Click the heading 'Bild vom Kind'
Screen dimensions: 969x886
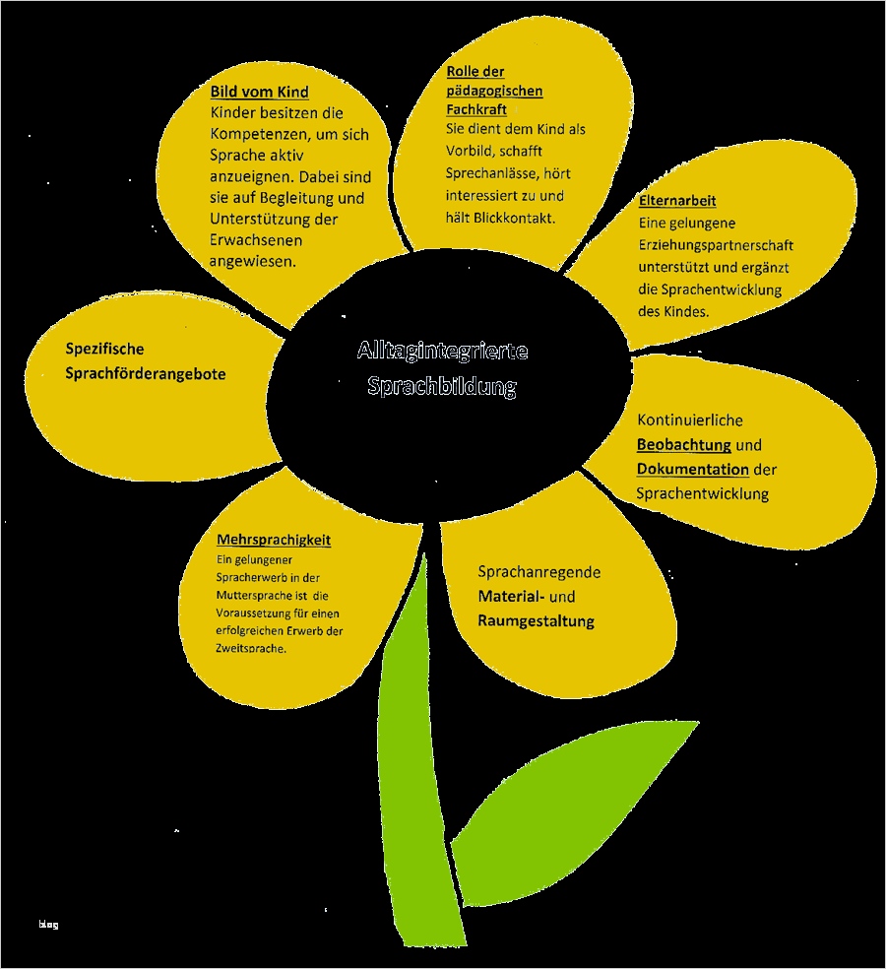point(260,92)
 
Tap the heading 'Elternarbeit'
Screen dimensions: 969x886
point(677,201)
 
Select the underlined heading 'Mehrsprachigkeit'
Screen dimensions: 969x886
point(274,540)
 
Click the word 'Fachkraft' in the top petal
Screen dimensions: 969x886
point(476,109)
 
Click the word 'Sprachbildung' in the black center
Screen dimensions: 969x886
point(442,386)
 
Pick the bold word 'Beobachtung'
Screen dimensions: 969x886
point(684,444)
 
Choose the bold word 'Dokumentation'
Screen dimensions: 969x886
point(693,469)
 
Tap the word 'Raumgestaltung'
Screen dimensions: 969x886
point(536,621)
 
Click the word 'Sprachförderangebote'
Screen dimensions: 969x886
point(146,373)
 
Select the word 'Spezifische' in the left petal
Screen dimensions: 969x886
point(104,349)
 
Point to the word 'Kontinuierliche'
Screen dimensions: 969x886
point(690,420)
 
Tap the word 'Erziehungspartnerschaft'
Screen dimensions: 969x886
point(716,245)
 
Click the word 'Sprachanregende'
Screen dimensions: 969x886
point(539,572)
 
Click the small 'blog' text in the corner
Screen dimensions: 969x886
point(49,924)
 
